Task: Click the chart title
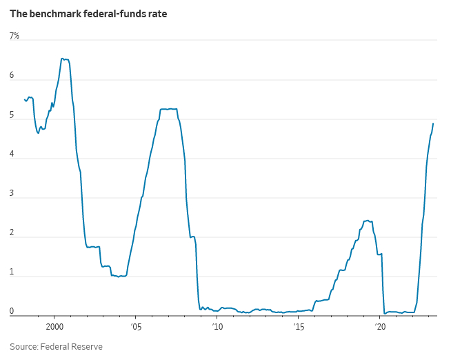(88, 14)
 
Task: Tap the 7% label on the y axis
(14, 36)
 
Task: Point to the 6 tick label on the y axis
(12, 75)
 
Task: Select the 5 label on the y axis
(12, 114)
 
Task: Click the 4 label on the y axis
(12, 154)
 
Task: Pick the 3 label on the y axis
(12, 193)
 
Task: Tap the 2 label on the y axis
(12, 232)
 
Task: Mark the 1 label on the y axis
(12, 272)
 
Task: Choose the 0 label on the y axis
(12, 311)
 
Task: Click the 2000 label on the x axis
(54, 327)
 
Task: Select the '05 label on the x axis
(136, 327)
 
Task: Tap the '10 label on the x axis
(217, 327)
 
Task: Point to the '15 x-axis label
(299, 327)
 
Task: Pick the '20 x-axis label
(380, 327)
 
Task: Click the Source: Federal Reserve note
(56, 346)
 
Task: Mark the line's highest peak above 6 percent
(62, 59)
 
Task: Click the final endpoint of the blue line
(433, 123)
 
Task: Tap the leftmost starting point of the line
(24, 99)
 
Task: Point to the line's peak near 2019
(368, 221)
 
